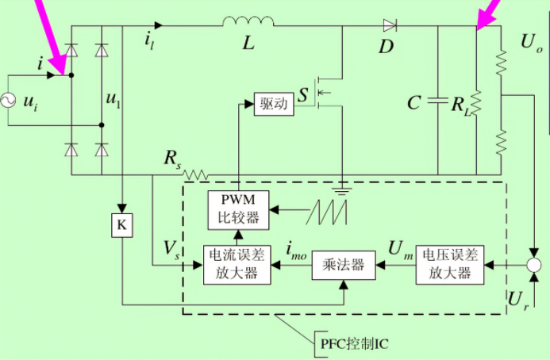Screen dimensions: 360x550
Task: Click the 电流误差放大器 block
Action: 237,264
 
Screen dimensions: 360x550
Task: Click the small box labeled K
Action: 121,224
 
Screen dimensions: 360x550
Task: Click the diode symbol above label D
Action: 389,26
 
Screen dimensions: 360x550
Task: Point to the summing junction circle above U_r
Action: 535,264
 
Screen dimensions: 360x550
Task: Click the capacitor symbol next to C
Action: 437,101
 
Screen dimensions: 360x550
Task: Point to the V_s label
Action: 171,248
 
